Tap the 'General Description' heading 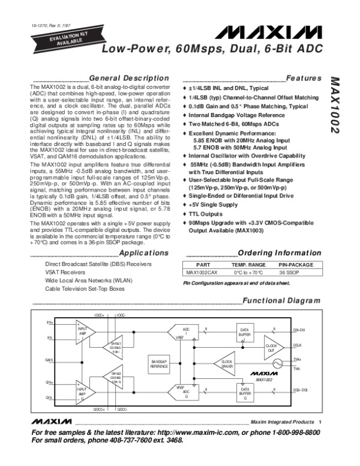pos(128,79)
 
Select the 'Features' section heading pos(304,79)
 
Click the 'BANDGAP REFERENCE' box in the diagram pos(159,363)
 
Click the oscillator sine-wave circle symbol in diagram pos(277,365)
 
